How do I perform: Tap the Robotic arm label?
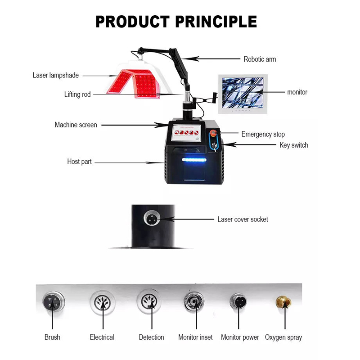(x=260, y=59)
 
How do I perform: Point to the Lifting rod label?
(x=77, y=94)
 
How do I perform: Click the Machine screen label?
(x=76, y=125)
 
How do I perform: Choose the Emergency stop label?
(x=263, y=134)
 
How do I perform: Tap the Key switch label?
(x=293, y=145)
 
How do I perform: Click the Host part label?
(x=79, y=162)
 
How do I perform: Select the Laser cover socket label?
(x=243, y=219)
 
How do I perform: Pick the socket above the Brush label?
(x=52, y=301)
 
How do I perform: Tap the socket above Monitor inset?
(x=194, y=302)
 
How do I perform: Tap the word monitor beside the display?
(x=297, y=92)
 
